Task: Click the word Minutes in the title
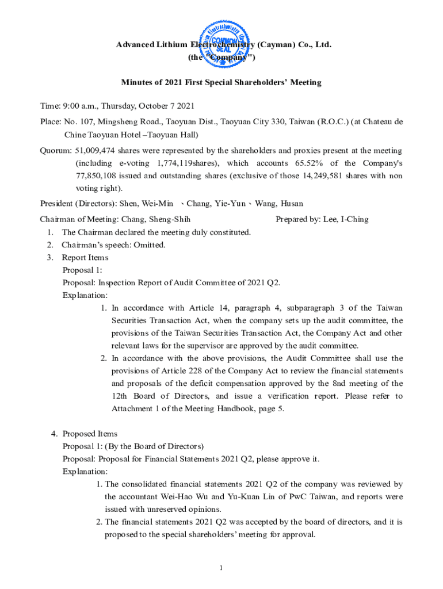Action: tap(137, 82)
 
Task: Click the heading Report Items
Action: tap(85, 258)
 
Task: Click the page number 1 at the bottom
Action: tap(221, 569)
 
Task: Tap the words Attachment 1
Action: tap(136, 409)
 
